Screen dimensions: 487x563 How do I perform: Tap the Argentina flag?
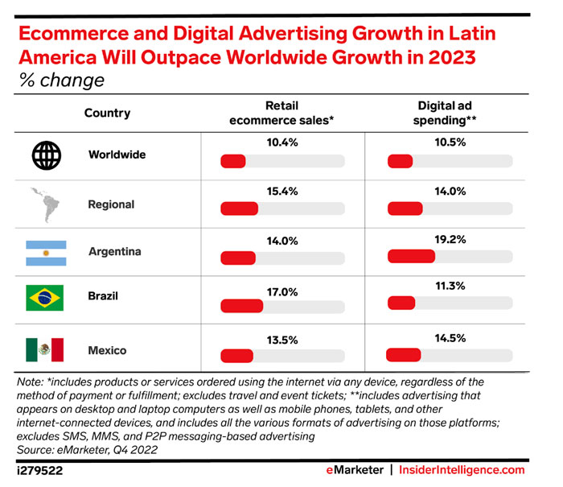coord(45,252)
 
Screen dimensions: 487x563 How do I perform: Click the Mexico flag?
coord(45,349)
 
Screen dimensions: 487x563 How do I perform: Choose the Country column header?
coord(107,113)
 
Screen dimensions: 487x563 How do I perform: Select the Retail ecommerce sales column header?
coord(281,113)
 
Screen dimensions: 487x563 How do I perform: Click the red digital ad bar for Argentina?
coord(411,258)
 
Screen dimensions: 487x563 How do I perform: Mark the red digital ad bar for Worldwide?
coord(400,161)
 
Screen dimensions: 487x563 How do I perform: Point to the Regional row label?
coord(111,204)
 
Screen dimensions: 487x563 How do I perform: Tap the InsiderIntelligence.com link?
coord(464,471)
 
